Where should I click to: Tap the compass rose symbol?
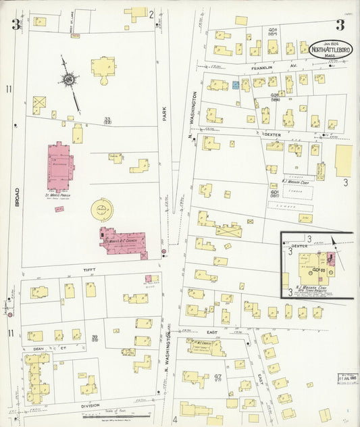click(70, 80)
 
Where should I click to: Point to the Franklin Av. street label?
click(266, 68)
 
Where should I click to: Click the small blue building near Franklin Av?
click(236, 85)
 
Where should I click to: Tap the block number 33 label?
click(107, 120)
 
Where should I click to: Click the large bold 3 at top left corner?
click(14, 25)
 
